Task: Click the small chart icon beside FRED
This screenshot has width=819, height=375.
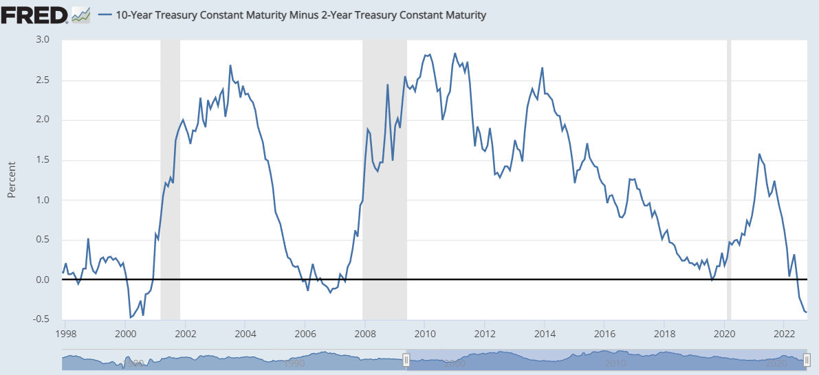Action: pyautogui.click(x=81, y=14)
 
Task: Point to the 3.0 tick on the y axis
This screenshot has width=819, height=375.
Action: pyautogui.click(x=43, y=40)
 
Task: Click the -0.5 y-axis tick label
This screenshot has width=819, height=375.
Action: pyautogui.click(x=41, y=319)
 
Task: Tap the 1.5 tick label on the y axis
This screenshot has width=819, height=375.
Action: pyautogui.click(x=43, y=160)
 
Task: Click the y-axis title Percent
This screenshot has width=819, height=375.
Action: pyautogui.click(x=12, y=180)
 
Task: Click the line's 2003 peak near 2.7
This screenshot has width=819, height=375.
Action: pyautogui.click(x=230, y=65)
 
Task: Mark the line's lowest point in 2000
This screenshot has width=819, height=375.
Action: pyautogui.click(x=131, y=317)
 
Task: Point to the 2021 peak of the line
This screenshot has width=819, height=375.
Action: pyautogui.click(x=759, y=154)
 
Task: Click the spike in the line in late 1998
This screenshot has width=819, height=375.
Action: pyautogui.click(x=89, y=239)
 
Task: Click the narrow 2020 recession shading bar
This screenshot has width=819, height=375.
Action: pyautogui.click(x=729, y=179)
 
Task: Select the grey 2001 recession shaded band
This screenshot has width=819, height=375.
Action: pyautogui.click(x=170, y=179)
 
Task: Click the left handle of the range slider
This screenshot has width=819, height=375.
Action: pyautogui.click(x=406, y=359)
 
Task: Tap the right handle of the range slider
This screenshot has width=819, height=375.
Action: pyautogui.click(x=807, y=359)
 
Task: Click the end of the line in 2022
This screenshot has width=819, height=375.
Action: pyautogui.click(x=806, y=312)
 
